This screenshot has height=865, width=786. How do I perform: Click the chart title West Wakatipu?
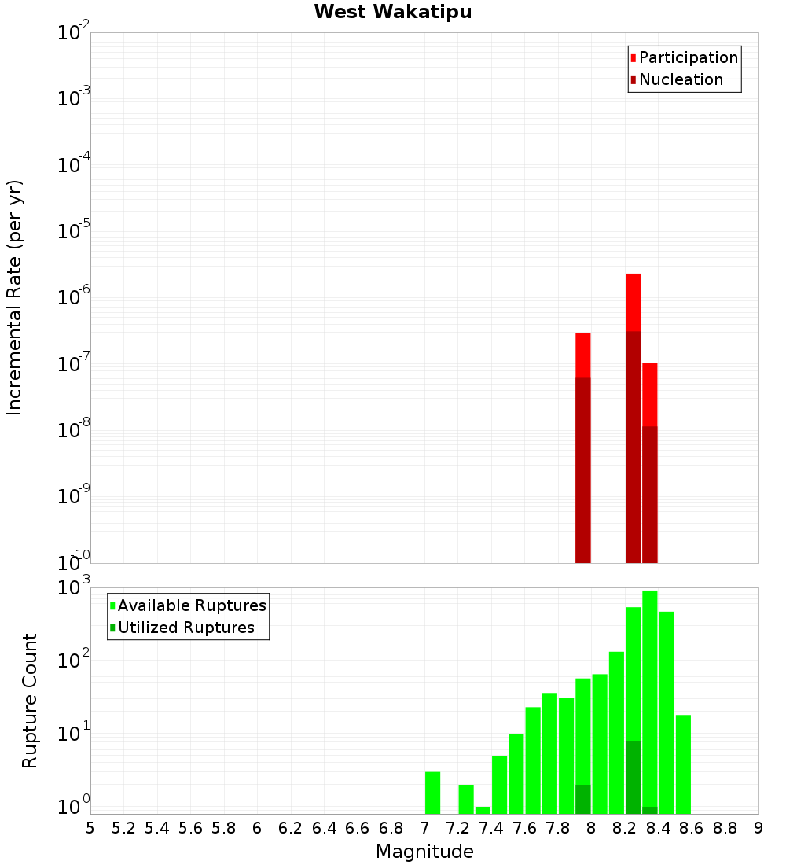tap(393, 13)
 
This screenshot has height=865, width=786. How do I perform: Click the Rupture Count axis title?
tap(30, 700)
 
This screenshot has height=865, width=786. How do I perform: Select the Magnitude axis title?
tap(424, 852)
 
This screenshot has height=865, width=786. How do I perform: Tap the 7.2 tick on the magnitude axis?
tap(457, 828)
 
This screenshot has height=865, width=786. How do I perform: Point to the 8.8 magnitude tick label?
tap(725, 828)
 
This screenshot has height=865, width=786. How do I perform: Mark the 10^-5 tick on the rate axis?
tap(74, 233)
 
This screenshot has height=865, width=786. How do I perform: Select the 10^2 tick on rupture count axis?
tap(74, 661)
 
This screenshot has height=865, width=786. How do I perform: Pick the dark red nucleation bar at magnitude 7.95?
tap(582, 472)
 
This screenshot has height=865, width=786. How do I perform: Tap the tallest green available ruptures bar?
tap(649, 692)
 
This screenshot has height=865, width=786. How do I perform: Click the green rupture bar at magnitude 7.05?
tap(432, 793)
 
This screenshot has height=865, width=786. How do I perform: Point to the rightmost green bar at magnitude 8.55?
tap(683, 763)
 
